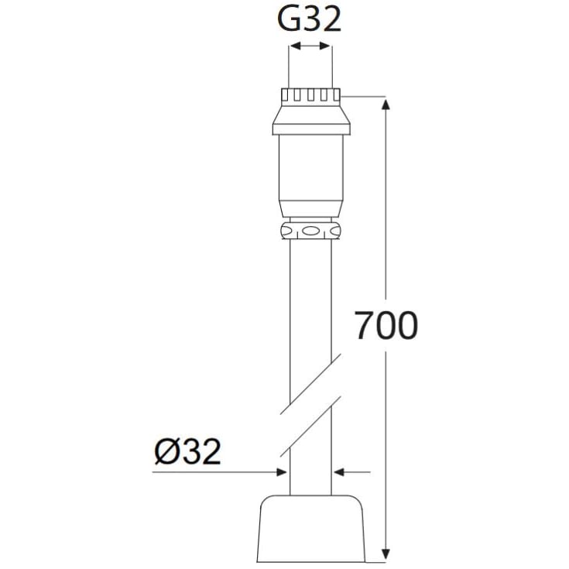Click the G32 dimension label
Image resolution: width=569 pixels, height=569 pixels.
[x=309, y=20]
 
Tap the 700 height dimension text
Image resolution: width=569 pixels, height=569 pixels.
[x=386, y=325]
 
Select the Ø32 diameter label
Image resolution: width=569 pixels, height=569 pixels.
[x=187, y=451]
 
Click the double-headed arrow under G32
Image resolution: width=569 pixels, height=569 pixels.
[x=310, y=46]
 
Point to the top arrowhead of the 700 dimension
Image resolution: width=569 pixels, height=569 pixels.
[x=386, y=104]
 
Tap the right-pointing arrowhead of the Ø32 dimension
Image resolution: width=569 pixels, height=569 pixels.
[x=281, y=472]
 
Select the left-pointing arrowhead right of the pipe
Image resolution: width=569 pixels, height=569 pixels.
[x=339, y=472]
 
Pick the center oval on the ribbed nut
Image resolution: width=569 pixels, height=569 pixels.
[x=310, y=231]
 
